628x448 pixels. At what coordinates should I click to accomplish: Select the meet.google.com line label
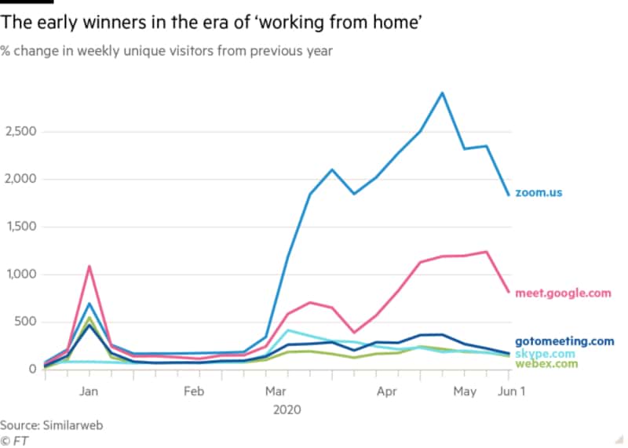563,293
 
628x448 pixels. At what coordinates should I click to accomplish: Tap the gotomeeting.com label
564,341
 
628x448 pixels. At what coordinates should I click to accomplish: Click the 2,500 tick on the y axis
19,131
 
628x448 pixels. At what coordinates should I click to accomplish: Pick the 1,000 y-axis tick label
19,274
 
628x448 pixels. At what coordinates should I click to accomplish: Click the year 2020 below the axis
287,410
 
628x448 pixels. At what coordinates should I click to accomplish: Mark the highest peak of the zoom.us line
443,93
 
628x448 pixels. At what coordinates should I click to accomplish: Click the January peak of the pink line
89,266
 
